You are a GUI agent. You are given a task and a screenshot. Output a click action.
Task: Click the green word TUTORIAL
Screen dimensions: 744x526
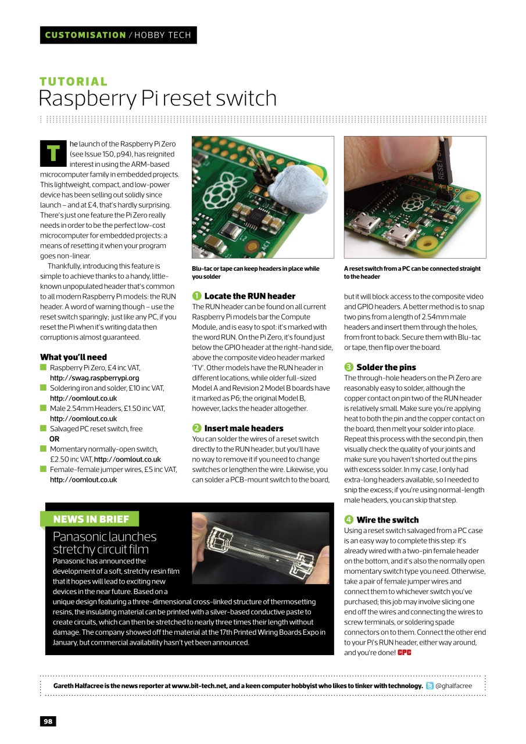click(73, 82)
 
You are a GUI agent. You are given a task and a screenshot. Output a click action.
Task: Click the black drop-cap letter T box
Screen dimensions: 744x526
click(53, 152)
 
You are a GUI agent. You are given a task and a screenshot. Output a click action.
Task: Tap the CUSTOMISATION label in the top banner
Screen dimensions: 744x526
click(85, 35)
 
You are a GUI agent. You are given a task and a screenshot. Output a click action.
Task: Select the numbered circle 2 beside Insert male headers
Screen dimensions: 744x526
click(197, 428)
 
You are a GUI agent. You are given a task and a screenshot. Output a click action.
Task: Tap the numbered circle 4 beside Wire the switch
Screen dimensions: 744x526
click(349, 520)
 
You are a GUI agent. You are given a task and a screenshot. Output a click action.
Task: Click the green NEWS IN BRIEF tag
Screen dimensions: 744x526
click(90, 519)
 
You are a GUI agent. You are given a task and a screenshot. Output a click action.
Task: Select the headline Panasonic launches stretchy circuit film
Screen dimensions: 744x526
click(105, 543)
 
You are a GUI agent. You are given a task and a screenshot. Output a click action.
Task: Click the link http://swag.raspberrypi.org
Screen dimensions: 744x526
click(94, 378)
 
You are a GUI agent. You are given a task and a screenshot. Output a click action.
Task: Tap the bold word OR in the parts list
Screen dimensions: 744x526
click(55, 439)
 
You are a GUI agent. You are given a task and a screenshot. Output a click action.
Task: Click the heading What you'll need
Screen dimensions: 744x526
click(73, 357)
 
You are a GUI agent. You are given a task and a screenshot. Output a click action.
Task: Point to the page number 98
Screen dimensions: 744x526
click(48, 721)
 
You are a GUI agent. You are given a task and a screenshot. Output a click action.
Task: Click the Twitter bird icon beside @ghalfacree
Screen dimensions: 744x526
click(430, 686)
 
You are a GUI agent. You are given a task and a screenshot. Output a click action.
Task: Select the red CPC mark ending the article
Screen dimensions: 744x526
click(405, 653)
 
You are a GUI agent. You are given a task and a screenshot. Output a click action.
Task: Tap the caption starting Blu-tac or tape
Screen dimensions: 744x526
click(255, 273)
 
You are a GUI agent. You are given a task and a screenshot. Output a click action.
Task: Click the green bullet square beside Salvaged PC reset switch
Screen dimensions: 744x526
click(43, 428)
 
